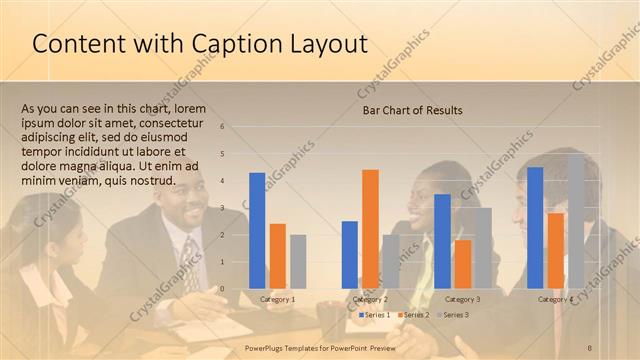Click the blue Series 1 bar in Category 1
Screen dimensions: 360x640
tap(257, 231)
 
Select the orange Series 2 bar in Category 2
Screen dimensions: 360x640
tap(370, 229)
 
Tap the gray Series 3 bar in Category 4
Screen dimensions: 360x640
tap(576, 221)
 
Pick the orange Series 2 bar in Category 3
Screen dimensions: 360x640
tap(463, 264)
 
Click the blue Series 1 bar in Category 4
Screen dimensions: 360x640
tap(535, 228)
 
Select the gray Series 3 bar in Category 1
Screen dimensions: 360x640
tap(297, 262)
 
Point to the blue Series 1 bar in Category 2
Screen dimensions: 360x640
tap(350, 255)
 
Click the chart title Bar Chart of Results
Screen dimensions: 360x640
tap(412, 110)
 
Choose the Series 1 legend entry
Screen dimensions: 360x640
tap(376, 315)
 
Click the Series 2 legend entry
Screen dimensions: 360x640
tap(414, 315)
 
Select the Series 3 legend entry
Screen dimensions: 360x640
tap(453, 315)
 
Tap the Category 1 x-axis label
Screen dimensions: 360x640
tap(277, 299)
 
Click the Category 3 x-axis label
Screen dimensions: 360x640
tap(463, 299)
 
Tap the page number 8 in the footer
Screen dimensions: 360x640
tap(590, 348)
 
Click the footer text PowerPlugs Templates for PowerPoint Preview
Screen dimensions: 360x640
tap(321, 348)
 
